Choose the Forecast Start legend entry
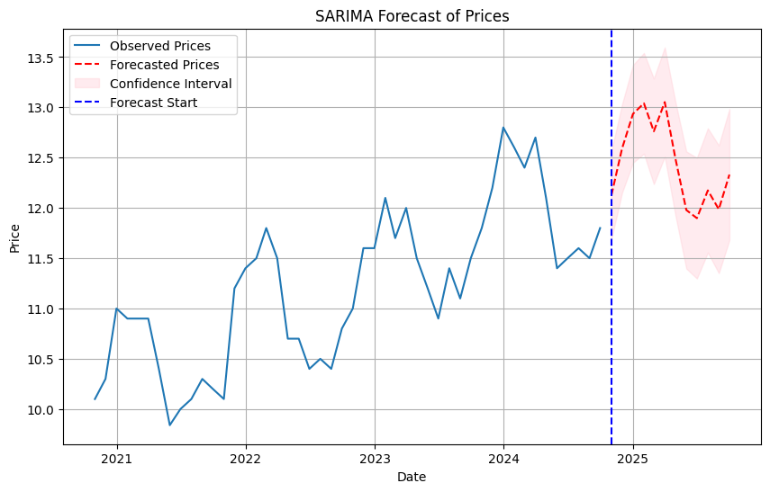point(153,103)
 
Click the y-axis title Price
point(14,237)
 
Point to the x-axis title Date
point(412,477)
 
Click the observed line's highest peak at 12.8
point(503,128)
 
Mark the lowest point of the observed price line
point(169,425)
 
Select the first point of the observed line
point(95,399)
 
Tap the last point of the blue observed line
point(600,228)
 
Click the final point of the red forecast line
point(729,174)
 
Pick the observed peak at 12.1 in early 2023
point(385,198)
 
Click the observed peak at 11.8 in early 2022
point(267,228)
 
